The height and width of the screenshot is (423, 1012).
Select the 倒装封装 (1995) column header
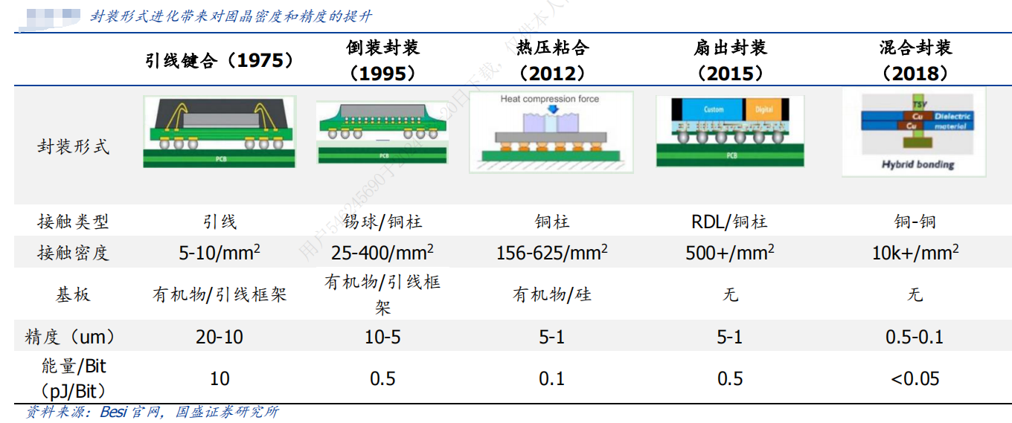[x=382, y=60]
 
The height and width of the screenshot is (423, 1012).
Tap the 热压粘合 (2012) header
[x=552, y=60]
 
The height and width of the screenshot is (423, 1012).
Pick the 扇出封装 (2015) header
[x=729, y=60]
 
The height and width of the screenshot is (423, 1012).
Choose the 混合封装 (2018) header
[x=915, y=60]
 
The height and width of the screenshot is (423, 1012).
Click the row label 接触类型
[x=73, y=222]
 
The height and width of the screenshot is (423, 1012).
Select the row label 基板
[x=73, y=294]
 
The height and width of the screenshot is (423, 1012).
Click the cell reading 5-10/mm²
[x=220, y=253]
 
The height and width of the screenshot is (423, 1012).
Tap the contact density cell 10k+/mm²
[x=915, y=253]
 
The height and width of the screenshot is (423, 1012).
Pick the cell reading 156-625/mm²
[x=552, y=253]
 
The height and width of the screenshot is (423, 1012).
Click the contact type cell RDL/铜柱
[x=729, y=222]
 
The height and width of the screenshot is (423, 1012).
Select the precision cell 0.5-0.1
[x=915, y=337]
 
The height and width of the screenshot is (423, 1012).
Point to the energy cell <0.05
[x=915, y=378]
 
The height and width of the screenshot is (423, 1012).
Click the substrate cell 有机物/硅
[x=552, y=294]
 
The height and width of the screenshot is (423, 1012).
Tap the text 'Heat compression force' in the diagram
[x=549, y=99]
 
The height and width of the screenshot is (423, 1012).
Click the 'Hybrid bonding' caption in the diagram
[x=917, y=164]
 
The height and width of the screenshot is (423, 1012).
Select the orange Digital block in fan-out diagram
[x=764, y=109]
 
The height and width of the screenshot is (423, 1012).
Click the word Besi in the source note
[x=113, y=412]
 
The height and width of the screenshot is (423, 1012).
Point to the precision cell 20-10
[x=220, y=337]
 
